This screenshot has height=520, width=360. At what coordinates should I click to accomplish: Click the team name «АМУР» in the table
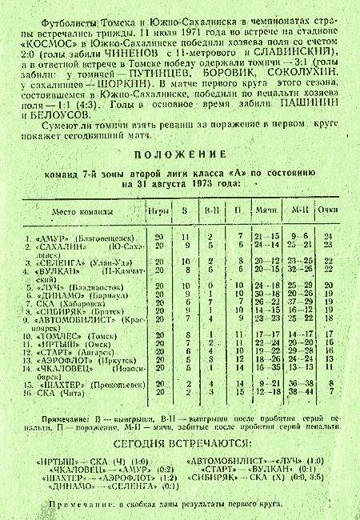pos(54,238)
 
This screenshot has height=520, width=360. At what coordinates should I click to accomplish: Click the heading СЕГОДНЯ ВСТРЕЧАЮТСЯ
pos(179,444)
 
